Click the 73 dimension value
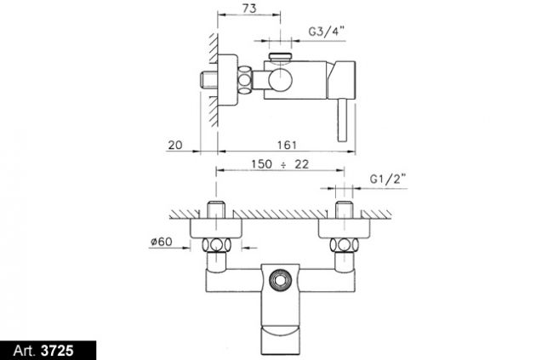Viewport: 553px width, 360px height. click(x=249, y=9)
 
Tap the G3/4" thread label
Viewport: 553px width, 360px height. click(x=326, y=31)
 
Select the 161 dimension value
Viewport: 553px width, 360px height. click(x=287, y=145)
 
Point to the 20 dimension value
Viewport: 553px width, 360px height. click(x=175, y=145)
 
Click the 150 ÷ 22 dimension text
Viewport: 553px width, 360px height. click(x=280, y=164)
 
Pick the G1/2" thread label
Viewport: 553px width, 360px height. click(x=388, y=180)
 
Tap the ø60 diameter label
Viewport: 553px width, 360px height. click(x=161, y=242)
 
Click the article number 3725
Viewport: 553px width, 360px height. click(x=57, y=351)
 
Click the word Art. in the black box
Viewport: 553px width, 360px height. click(x=25, y=351)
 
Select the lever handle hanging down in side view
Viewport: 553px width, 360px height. click(x=342, y=120)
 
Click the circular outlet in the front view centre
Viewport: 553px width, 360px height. click(x=281, y=280)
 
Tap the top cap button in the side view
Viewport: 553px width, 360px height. click(x=281, y=57)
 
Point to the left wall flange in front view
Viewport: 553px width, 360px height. click(x=216, y=227)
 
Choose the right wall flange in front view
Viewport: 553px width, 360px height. click(x=345, y=227)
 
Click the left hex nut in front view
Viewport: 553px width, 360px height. click(x=216, y=244)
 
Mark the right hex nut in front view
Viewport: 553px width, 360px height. click(x=345, y=244)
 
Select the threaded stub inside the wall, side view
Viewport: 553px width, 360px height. click(x=208, y=79)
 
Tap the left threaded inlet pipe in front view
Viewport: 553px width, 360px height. click(x=216, y=210)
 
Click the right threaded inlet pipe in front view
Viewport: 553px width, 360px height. click(x=345, y=210)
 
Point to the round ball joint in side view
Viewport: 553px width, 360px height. click(x=280, y=80)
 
